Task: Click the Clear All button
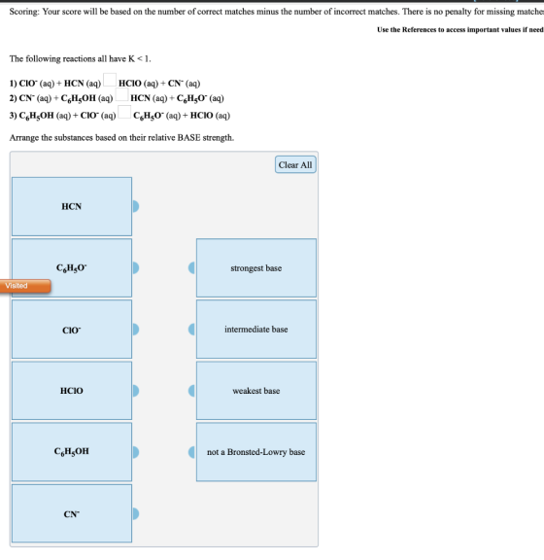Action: point(295,164)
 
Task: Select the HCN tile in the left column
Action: point(72,206)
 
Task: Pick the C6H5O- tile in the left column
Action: point(72,268)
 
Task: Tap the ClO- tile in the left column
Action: point(72,330)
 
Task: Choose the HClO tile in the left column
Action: point(72,391)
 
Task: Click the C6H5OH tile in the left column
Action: point(72,452)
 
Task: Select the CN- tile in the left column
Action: point(72,513)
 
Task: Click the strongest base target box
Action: point(256,268)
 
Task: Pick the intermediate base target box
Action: point(256,330)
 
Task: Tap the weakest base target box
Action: point(256,391)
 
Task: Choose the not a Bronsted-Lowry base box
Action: point(256,452)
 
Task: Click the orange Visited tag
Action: point(25,286)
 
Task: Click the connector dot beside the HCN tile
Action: point(136,206)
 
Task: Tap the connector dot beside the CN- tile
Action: point(136,513)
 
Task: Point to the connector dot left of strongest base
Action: point(191,268)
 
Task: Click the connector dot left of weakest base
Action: point(191,391)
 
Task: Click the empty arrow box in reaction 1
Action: point(110,80)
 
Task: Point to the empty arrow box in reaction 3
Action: point(124,112)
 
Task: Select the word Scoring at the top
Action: point(24,12)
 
